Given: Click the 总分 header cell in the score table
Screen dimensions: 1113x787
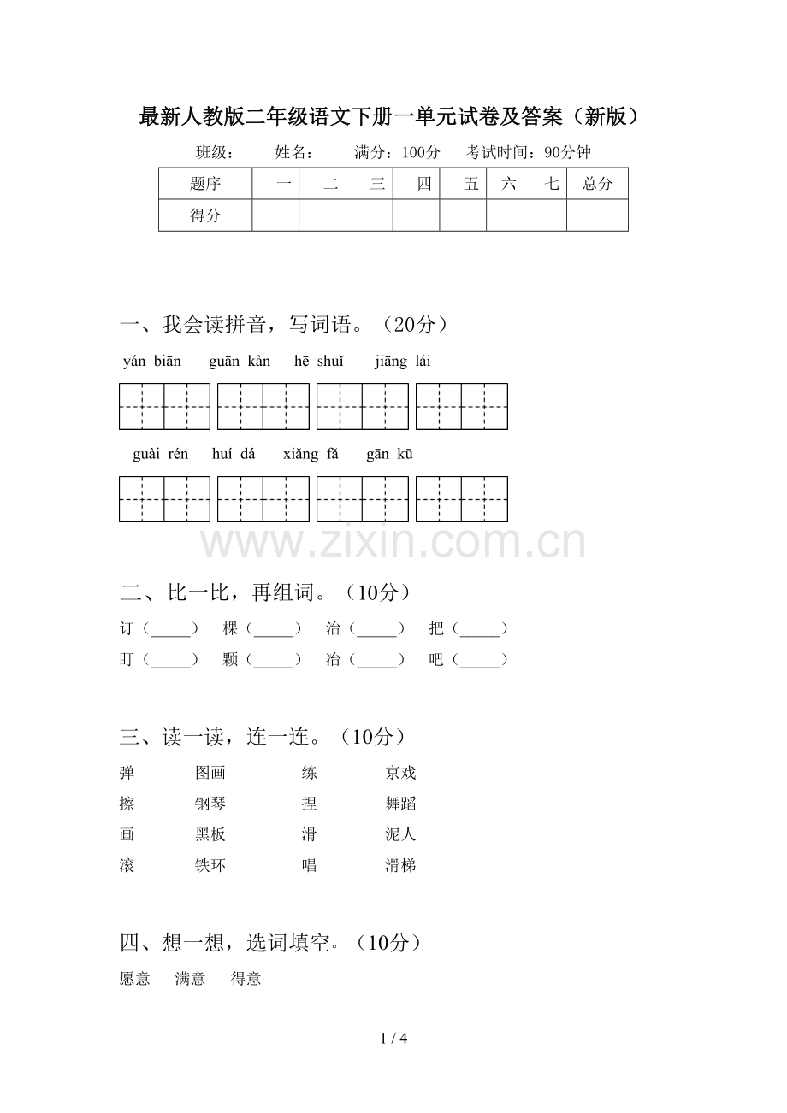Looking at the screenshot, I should click(x=597, y=184).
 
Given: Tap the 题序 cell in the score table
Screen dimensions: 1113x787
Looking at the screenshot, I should click(x=205, y=184).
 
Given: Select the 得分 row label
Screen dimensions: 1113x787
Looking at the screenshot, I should click(x=205, y=215).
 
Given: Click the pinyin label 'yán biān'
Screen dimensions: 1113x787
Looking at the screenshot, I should click(x=152, y=361).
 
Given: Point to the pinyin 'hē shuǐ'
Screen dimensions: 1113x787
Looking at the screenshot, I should click(x=318, y=361).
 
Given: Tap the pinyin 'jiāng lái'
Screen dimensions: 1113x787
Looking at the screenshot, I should click(x=403, y=361).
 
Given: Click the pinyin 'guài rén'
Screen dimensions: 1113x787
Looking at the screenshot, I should click(x=161, y=454).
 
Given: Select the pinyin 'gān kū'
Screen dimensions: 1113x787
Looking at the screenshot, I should click(x=390, y=454).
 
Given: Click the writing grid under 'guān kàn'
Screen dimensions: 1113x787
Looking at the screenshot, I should click(x=263, y=406).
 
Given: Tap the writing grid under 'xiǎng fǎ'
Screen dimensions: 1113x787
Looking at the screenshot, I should click(x=363, y=499).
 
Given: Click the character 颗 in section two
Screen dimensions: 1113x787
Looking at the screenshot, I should click(x=230, y=659).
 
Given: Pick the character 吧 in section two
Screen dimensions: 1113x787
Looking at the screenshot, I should click(x=436, y=659).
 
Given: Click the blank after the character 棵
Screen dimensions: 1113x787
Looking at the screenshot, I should click(x=274, y=629).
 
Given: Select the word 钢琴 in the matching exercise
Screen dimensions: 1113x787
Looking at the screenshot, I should click(x=210, y=804).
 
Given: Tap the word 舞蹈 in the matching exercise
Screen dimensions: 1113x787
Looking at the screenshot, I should click(x=400, y=804).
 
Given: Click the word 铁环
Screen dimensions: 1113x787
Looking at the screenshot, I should click(x=210, y=865).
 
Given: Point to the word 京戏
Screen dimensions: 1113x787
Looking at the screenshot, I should click(x=400, y=773).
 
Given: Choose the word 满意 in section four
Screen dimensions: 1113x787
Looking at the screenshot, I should click(x=191, y=979).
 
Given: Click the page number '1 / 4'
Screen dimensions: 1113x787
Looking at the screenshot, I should click(x=393, y=1039).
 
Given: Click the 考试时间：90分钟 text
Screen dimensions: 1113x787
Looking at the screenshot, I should click(x=528, y=153).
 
